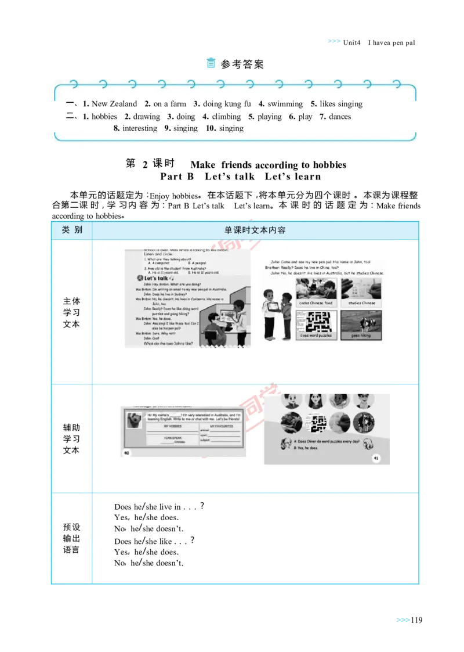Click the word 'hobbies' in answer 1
(x=104, y=117)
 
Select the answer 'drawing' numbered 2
(x=147, y=117)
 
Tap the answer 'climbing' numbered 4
(x=226, y=117)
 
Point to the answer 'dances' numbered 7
(x=340, y=117)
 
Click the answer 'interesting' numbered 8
(x=140, y=128)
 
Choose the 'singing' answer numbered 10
(x=231, y=128)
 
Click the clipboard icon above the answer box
(x=212, y=63)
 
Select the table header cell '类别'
(x=72, y=230)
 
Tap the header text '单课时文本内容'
(x=255, y=230)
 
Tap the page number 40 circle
(x=126, y=452)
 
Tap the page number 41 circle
(x=376, y=458)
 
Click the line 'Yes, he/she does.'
(x=146, y=517)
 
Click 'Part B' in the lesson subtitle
(x=177, y=176)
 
